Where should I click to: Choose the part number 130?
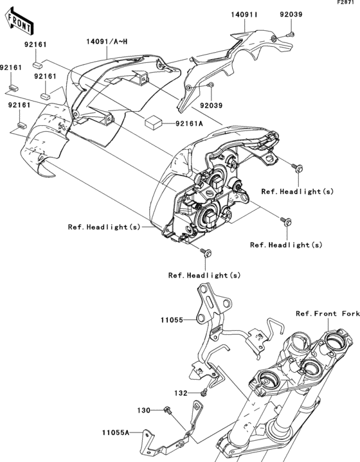coord(143,409)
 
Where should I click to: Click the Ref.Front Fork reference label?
coord(327,314)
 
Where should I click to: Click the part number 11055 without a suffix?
coord(172,319)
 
